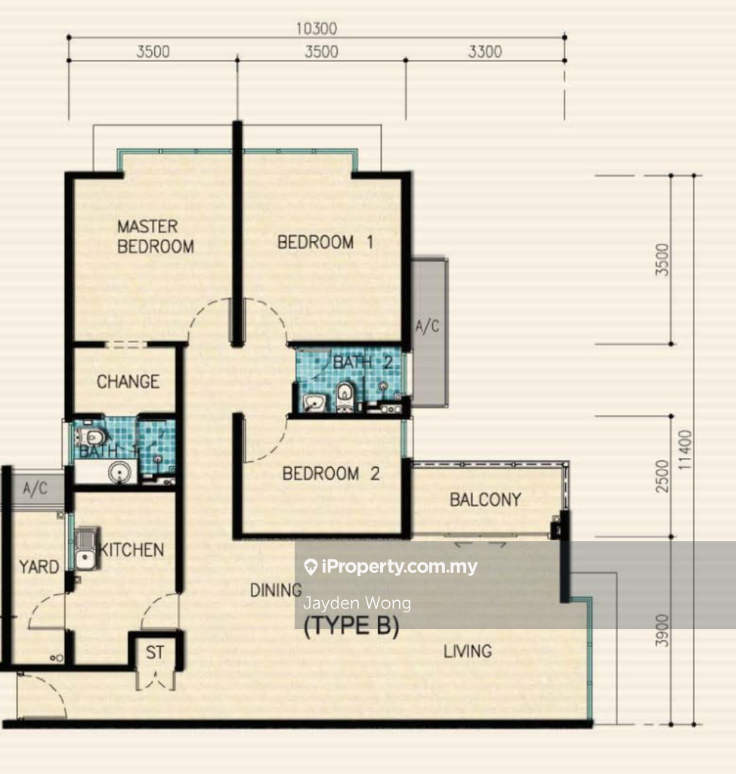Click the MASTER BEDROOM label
pos(156,237)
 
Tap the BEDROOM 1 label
pos(325,243)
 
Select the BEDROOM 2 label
pos(331,474)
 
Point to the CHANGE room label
pos(128,382)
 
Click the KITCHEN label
pos(131,550)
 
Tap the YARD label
pos(39,567)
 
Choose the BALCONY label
pos(485,500)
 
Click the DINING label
pos(276,590)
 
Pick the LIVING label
pos(468,652)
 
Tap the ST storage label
pos(154,652)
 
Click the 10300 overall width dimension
pos(317,29)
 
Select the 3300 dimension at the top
pos(484,51)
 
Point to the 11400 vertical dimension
pos(685,450)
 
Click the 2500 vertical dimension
pos(662,476)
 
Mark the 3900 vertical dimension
pos(662,631)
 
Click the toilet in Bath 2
pos(344,396)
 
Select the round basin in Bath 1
pos(119,472)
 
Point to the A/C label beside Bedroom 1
pos(427,327)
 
